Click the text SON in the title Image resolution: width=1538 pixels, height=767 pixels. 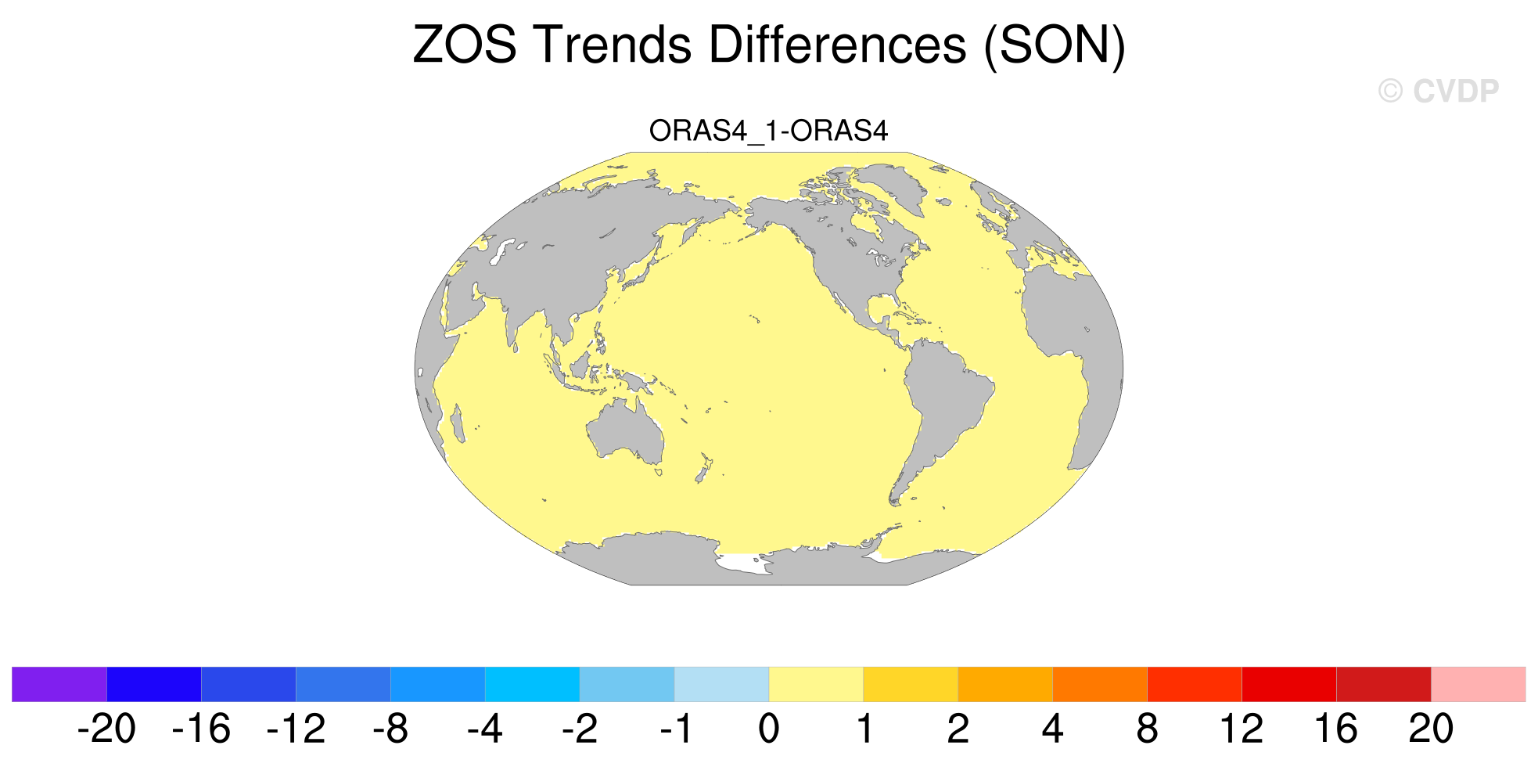click(x=1055, y=45)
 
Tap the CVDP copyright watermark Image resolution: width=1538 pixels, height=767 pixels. click(x=1438, y=92)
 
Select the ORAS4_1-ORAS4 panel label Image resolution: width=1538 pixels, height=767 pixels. click(x=768, y=131)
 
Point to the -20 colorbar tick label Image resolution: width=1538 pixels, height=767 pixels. click(x=107, y=729)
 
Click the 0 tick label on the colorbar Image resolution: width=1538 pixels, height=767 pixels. click(x=769, y=729)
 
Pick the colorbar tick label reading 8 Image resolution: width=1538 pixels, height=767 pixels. click(x=1147, y=729)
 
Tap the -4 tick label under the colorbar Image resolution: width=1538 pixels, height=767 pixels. click(x=485, y=729)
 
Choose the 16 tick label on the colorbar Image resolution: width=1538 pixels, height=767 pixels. click(x=1336, y=729)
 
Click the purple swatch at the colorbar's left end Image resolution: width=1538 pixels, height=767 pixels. click(x=59, y=684)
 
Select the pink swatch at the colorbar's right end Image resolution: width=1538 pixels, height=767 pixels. click(x=1478, y=684)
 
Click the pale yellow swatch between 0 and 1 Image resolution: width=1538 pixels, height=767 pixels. click(x=816, y=684)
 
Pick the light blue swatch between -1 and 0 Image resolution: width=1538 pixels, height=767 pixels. click(x=721, y=684)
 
